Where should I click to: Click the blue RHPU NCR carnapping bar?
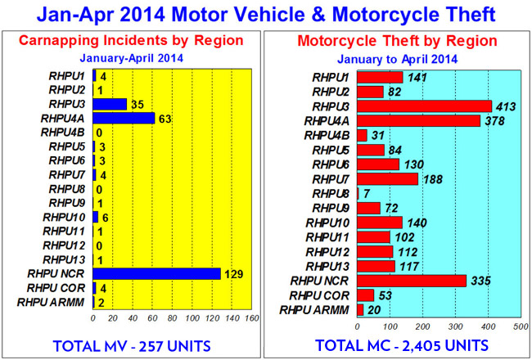tap(156, 273)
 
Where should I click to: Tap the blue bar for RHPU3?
tap(110, 104)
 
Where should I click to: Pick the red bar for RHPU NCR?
tap(412, 281)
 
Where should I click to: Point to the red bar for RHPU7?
tap(388, 178)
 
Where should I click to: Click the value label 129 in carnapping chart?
tap(234, 273)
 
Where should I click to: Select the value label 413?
tap(507, 106)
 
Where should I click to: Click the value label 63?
tap(165, 118)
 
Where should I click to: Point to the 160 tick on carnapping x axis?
tap(250, 318)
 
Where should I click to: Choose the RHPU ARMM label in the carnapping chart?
tap(59, 302)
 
